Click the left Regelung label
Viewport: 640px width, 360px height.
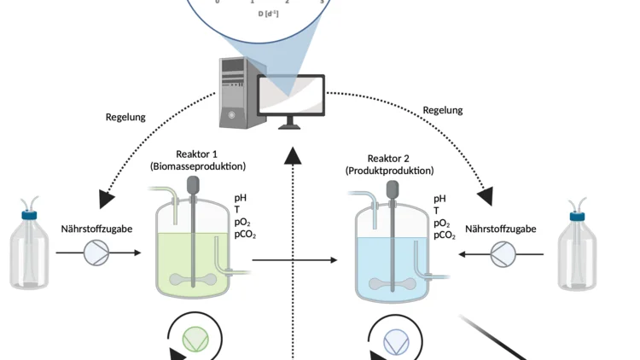(x=125, y=117)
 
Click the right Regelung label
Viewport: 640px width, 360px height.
(x=442, y=110)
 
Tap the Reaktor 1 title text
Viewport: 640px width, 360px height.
(x=197, y=154)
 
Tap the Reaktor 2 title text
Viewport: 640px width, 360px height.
(x=389, y=159)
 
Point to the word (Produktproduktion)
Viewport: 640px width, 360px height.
(x=389, y=171)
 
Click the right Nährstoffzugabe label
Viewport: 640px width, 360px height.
(x=503, y=229)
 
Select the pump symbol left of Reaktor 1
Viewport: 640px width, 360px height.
(x=96, y=253)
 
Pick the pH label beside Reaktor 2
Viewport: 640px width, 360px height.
(x=439, y=199)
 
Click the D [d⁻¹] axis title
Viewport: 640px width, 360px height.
(x=268, y=14)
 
